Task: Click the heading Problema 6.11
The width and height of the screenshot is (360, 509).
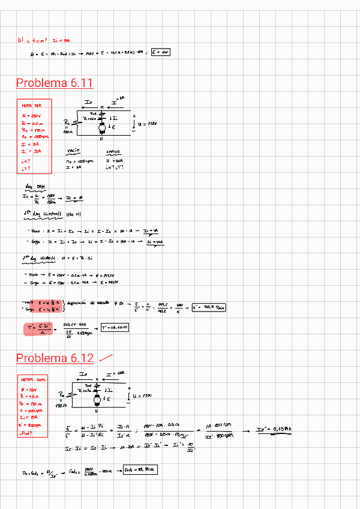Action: click(55, 83)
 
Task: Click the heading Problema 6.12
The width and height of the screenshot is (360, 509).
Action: click(55, 358)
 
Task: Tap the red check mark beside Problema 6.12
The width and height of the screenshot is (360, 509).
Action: click(106, 358)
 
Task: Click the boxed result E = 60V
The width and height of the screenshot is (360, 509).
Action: click(161, 52)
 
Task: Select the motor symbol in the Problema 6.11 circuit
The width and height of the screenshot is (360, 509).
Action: click(102, 127)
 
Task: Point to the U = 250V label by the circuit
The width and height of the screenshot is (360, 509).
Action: click(147, 124)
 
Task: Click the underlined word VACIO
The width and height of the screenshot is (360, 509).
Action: click(73, 152)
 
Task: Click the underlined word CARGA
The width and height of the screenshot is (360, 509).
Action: click(113, 152)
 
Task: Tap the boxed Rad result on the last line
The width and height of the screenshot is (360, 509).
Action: click(139, 469)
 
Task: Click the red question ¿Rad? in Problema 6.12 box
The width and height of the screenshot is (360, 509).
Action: click(28, 433)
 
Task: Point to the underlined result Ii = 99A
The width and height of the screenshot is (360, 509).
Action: click(152, 242)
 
